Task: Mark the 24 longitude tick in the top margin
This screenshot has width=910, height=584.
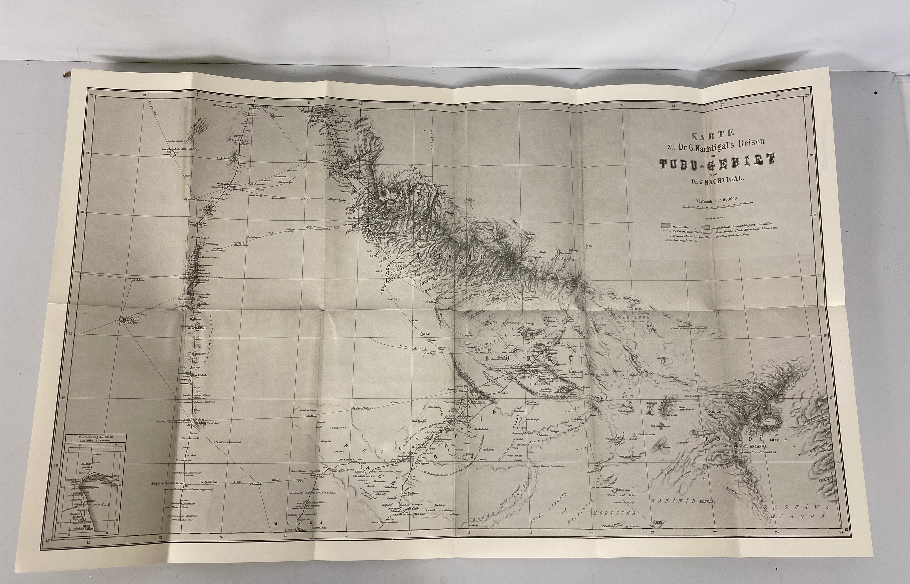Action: click(x=778, y=95)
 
